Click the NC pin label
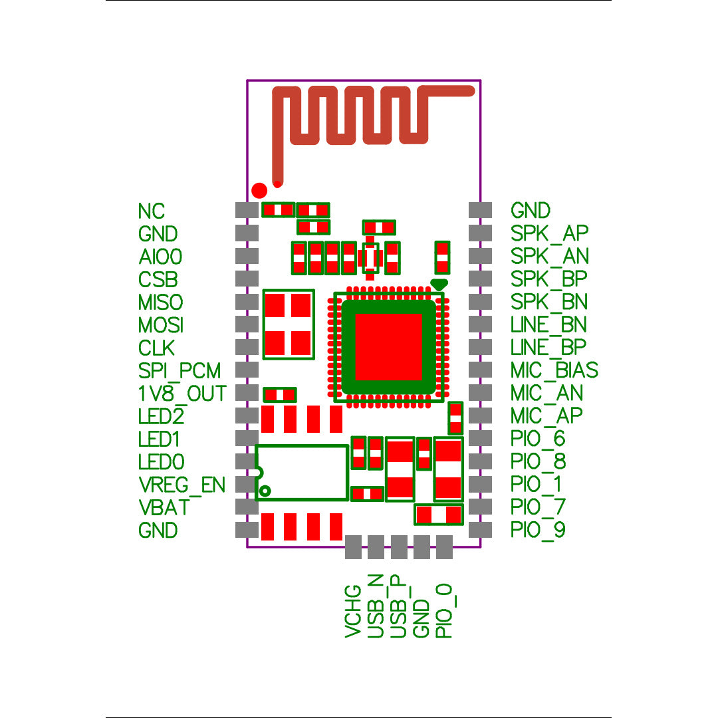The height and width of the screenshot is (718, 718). (151, 211)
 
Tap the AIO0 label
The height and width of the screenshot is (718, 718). (160, 256)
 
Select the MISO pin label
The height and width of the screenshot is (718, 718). (160, 302)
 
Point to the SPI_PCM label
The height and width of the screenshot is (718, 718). (179, 370)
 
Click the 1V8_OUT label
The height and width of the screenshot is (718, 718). (182, 393)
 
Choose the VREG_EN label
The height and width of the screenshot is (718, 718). (181, 485)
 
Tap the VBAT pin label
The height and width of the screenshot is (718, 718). (164, 507)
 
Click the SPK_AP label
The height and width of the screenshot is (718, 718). (549, 233)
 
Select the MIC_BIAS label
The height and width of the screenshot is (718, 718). (554, 370)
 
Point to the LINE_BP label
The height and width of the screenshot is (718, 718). (548, 347)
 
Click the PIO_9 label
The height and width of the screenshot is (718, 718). (538, 531)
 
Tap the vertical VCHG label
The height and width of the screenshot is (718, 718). (353, 612)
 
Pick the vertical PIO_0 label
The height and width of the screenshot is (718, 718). (443, 612)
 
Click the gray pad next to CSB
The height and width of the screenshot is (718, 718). (247, 278)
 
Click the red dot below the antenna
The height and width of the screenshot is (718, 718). (260, 189)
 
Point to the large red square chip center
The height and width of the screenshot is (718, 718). (389, 346)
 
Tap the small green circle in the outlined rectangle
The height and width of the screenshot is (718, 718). (265, 491)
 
